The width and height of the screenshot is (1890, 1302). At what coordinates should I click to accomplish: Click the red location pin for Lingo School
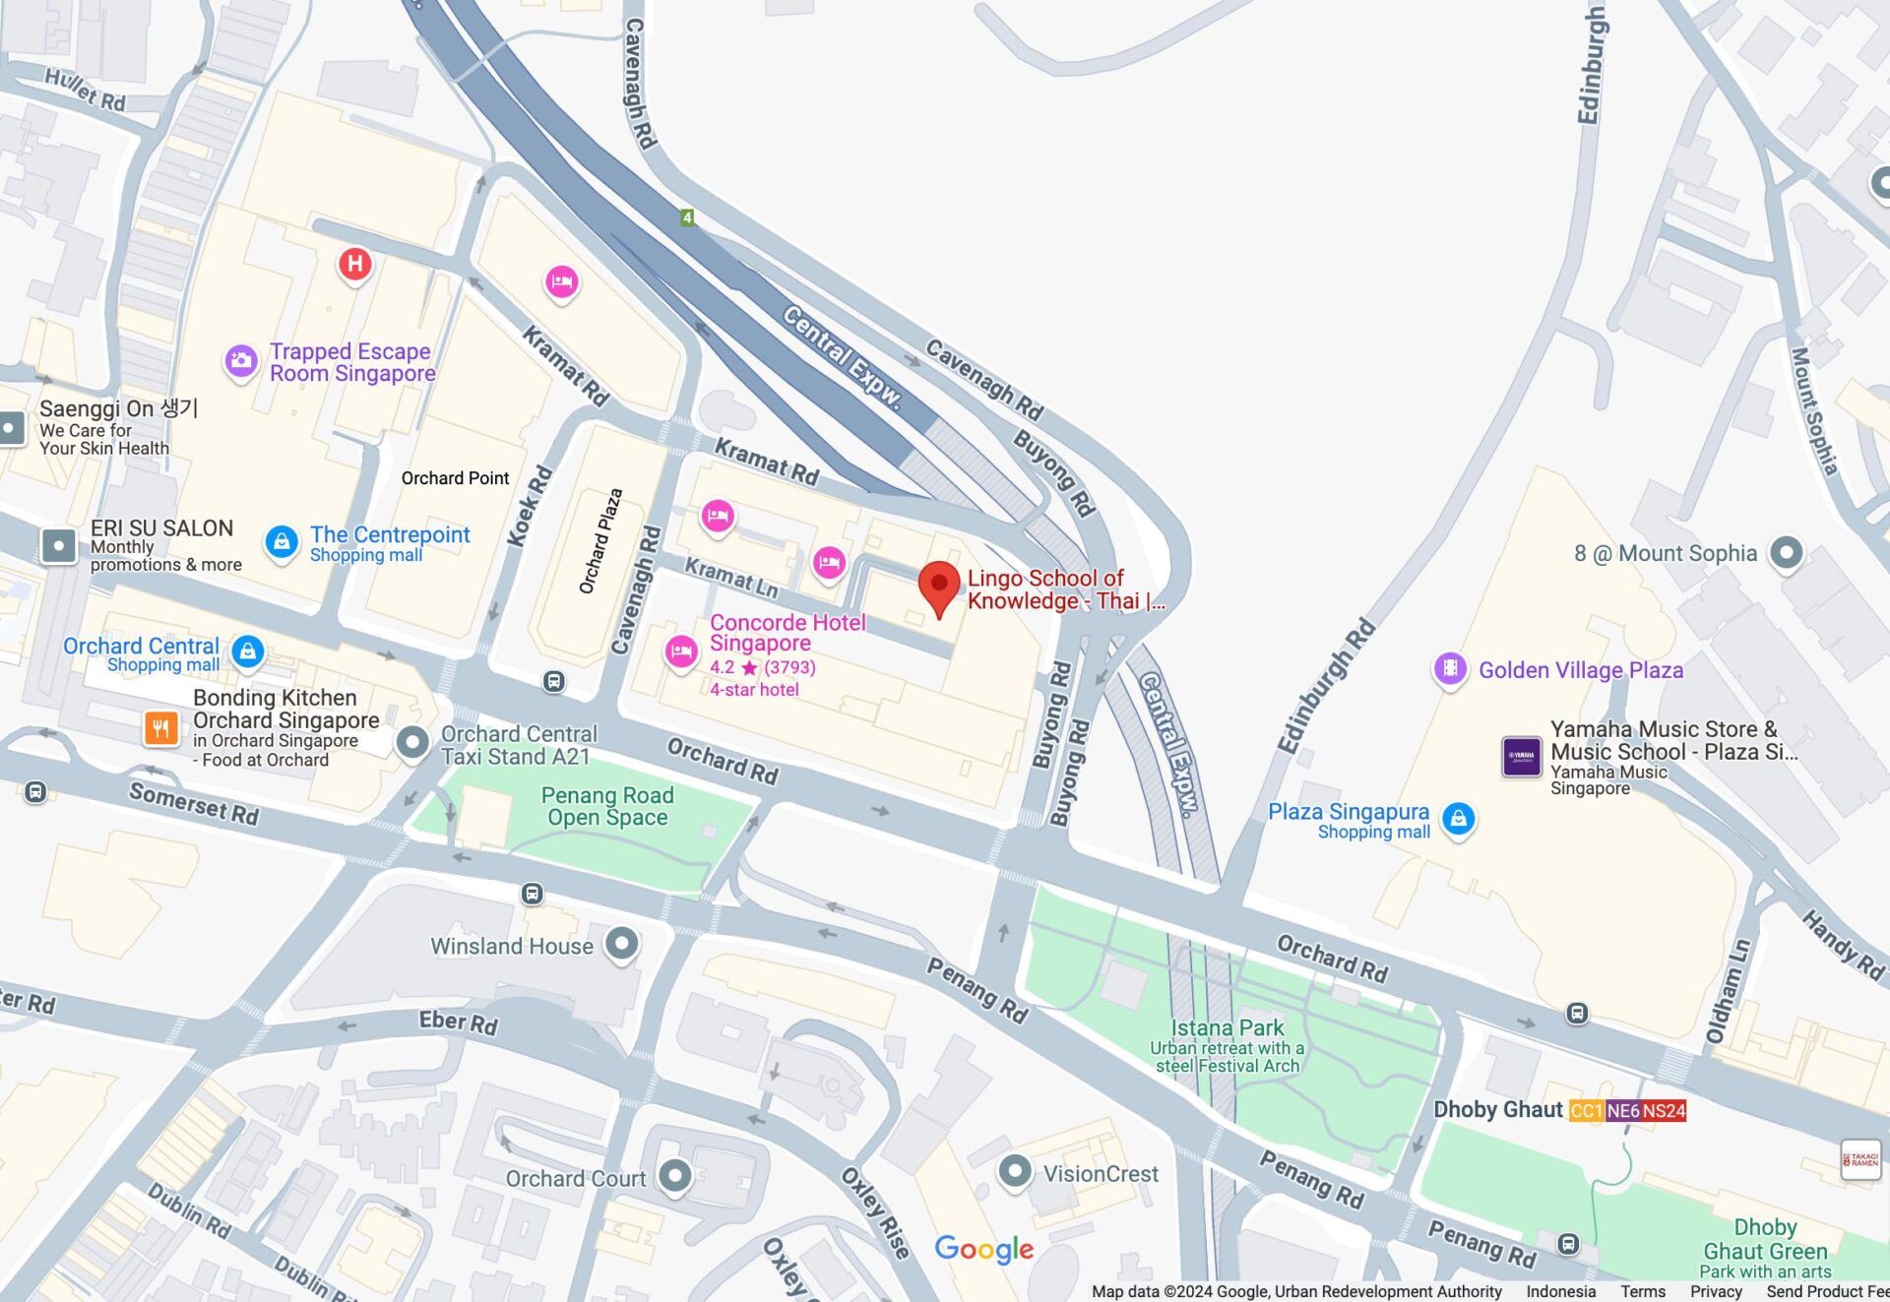[939, 584]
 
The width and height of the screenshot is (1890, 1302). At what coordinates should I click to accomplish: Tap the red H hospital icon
[355, 264]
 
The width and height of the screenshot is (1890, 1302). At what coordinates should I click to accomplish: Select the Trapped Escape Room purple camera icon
[241, 361]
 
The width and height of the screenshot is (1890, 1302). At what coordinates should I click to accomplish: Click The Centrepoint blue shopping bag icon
[282, 541]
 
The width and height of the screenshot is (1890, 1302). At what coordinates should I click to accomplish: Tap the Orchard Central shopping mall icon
[248, 651]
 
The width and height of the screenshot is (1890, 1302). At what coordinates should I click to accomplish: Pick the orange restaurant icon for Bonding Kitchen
[161, 728]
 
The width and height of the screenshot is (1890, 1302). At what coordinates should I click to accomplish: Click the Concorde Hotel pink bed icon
[681, 651]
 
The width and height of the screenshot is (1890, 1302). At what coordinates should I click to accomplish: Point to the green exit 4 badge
[687, 217]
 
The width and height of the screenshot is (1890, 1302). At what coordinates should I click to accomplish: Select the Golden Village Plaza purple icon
[1449, 669]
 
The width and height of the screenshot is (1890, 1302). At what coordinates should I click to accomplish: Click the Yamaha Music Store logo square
[1521, 757]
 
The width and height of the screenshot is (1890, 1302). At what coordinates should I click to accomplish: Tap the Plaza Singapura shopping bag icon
[1458, 819]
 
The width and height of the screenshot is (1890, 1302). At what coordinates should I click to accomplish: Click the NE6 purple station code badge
[1623, 1111]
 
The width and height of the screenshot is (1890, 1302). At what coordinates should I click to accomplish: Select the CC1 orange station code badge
[1586, 1111]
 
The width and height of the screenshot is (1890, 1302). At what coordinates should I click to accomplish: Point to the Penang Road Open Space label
[607, 806]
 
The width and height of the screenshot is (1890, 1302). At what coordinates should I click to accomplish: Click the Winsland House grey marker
[622, 944]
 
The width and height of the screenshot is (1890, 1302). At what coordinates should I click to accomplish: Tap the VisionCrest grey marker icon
[1015, 1171]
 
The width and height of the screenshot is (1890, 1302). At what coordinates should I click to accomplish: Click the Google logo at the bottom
[983, 1249]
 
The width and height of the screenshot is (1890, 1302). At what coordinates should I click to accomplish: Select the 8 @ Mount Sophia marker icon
[1786, 552]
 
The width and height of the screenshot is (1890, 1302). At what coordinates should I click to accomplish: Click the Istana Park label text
[1227, 1028]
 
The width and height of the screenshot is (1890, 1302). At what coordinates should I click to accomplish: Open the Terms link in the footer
[1642, 1291]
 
